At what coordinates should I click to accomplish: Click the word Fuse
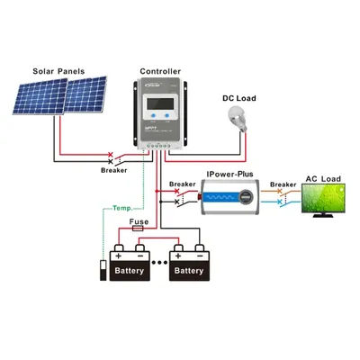(139, 220)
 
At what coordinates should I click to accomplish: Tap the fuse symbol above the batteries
(139, 229)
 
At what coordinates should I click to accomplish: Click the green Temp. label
(123, 209)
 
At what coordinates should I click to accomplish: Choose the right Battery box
(189, 269)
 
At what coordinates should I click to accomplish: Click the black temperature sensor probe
(101, 271)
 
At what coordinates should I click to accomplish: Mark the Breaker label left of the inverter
(182, 184)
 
